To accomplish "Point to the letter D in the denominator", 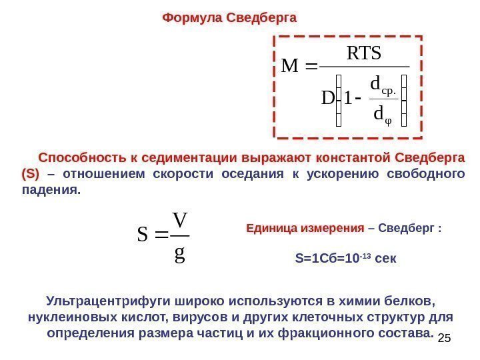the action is click(327, 99).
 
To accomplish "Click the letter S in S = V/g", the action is click(143, 235).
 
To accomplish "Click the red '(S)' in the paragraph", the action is click(31, 175).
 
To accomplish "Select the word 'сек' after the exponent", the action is click(386, 257).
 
